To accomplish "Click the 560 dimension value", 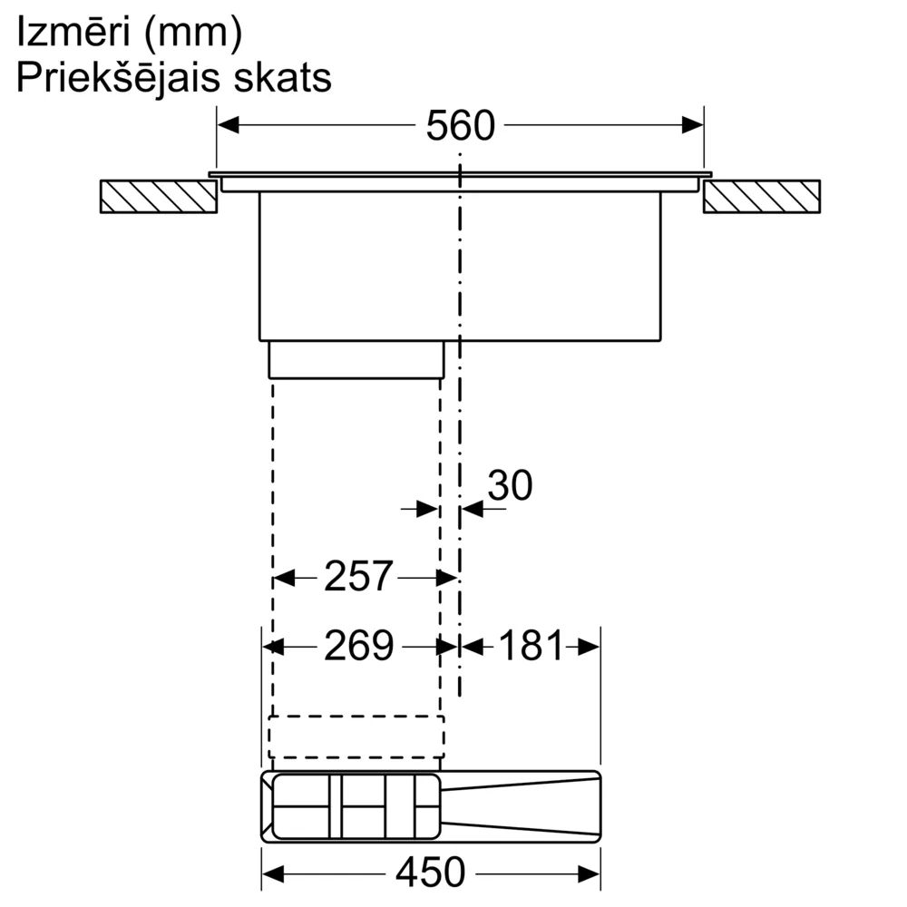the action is pos(461,125).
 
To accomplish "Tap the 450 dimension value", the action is pos(430,873).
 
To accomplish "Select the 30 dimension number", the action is pos(510,485).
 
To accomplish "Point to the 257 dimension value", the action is pos(358,577).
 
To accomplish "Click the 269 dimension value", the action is pos(358,646).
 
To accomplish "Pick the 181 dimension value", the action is pos(531,646).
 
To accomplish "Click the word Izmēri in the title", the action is pos(73,33).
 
